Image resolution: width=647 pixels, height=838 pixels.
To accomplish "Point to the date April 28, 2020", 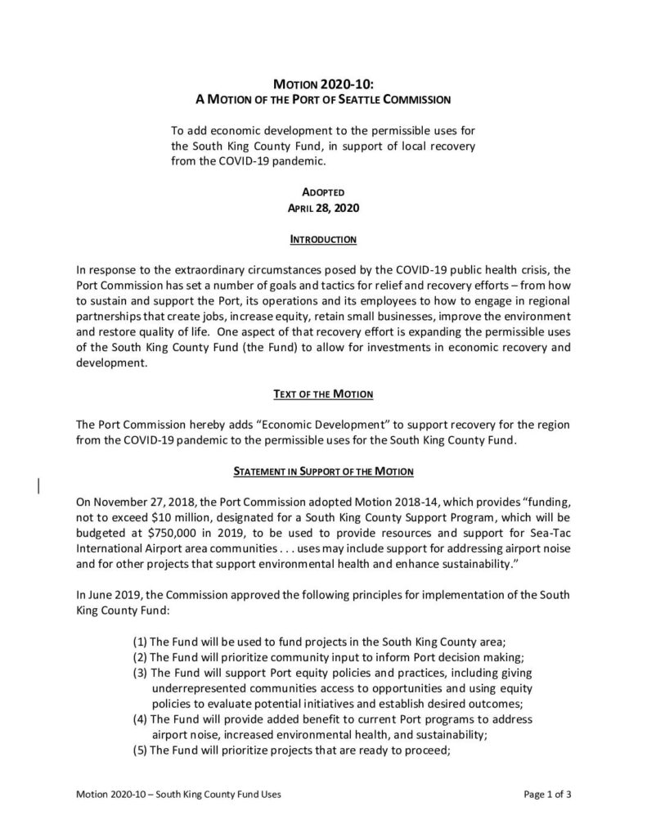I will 323,208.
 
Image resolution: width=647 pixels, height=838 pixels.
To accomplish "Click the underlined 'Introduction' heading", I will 323,241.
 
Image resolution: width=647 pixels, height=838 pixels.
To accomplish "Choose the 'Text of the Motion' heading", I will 323,394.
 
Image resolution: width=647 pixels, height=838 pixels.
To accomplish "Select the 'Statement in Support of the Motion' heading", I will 323,472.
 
